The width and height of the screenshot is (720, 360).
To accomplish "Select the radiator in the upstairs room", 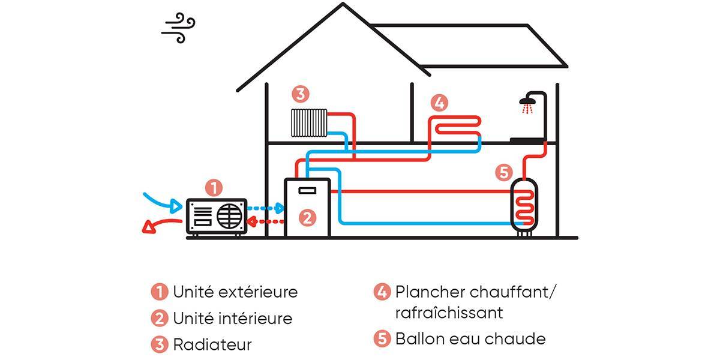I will [308, 122].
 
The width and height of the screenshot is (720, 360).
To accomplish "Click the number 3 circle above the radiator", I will [301, 94].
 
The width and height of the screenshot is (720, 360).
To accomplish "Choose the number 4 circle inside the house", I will [439, 103].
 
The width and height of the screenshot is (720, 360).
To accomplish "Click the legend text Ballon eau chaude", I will [470, 338].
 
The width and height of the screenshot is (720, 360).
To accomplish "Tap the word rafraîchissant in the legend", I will [449, 313].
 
